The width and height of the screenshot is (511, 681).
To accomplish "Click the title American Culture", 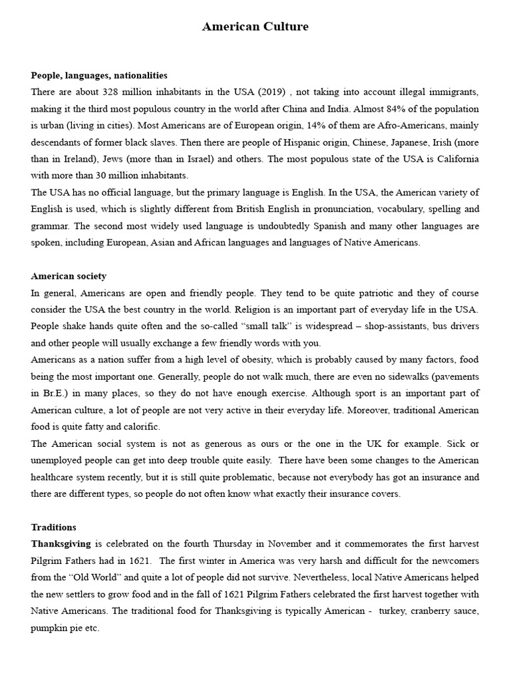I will pos(255,27).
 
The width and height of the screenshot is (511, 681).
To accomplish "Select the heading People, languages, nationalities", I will pos(99,75).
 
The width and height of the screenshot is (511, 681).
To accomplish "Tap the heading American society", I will pos(69,276).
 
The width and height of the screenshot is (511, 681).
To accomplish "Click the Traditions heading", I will pos(54,527).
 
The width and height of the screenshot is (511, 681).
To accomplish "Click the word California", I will pos(455,159).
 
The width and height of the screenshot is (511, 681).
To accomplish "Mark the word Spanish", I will pos(317,226).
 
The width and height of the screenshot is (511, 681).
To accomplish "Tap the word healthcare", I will pos(58,477).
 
